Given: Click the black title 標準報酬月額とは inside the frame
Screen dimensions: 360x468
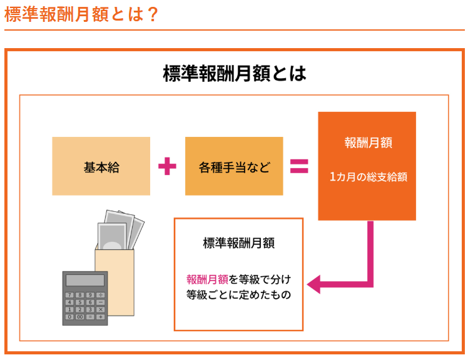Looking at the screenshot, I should (234, 74).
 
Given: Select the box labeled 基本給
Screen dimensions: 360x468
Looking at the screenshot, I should (101, 167).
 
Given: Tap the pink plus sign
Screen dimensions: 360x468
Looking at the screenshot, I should (167, 166).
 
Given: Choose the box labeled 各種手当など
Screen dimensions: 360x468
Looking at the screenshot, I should (234, 167).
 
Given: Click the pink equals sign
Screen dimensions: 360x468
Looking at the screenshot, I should (299, 166).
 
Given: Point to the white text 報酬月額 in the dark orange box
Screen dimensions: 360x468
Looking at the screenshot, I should (368, 142).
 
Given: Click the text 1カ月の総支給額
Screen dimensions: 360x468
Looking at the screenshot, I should (368, 177).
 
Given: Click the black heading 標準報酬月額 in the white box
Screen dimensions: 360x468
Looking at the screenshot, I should (238, 243).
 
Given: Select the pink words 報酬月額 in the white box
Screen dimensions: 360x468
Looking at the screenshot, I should (207, 279).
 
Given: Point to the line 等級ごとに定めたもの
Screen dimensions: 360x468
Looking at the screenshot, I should (238, 294).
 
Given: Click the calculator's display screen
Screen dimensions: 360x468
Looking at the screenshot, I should (84, 281).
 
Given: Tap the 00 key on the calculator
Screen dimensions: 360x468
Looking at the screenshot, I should (79, 317).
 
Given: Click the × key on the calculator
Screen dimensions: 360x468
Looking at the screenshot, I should (100, 309).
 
